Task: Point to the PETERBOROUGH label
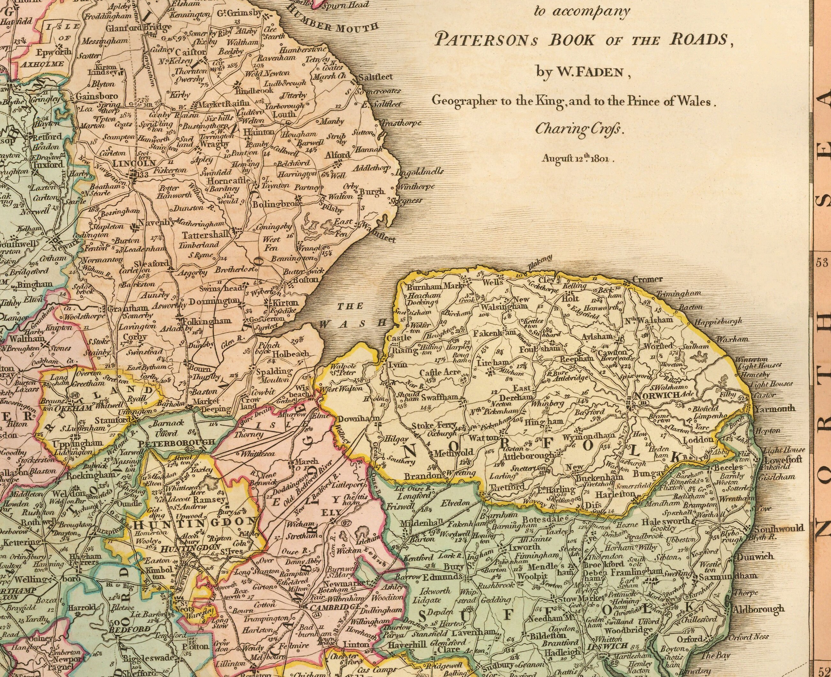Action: pos(178,442)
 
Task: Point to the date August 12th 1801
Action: pos(577,159)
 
